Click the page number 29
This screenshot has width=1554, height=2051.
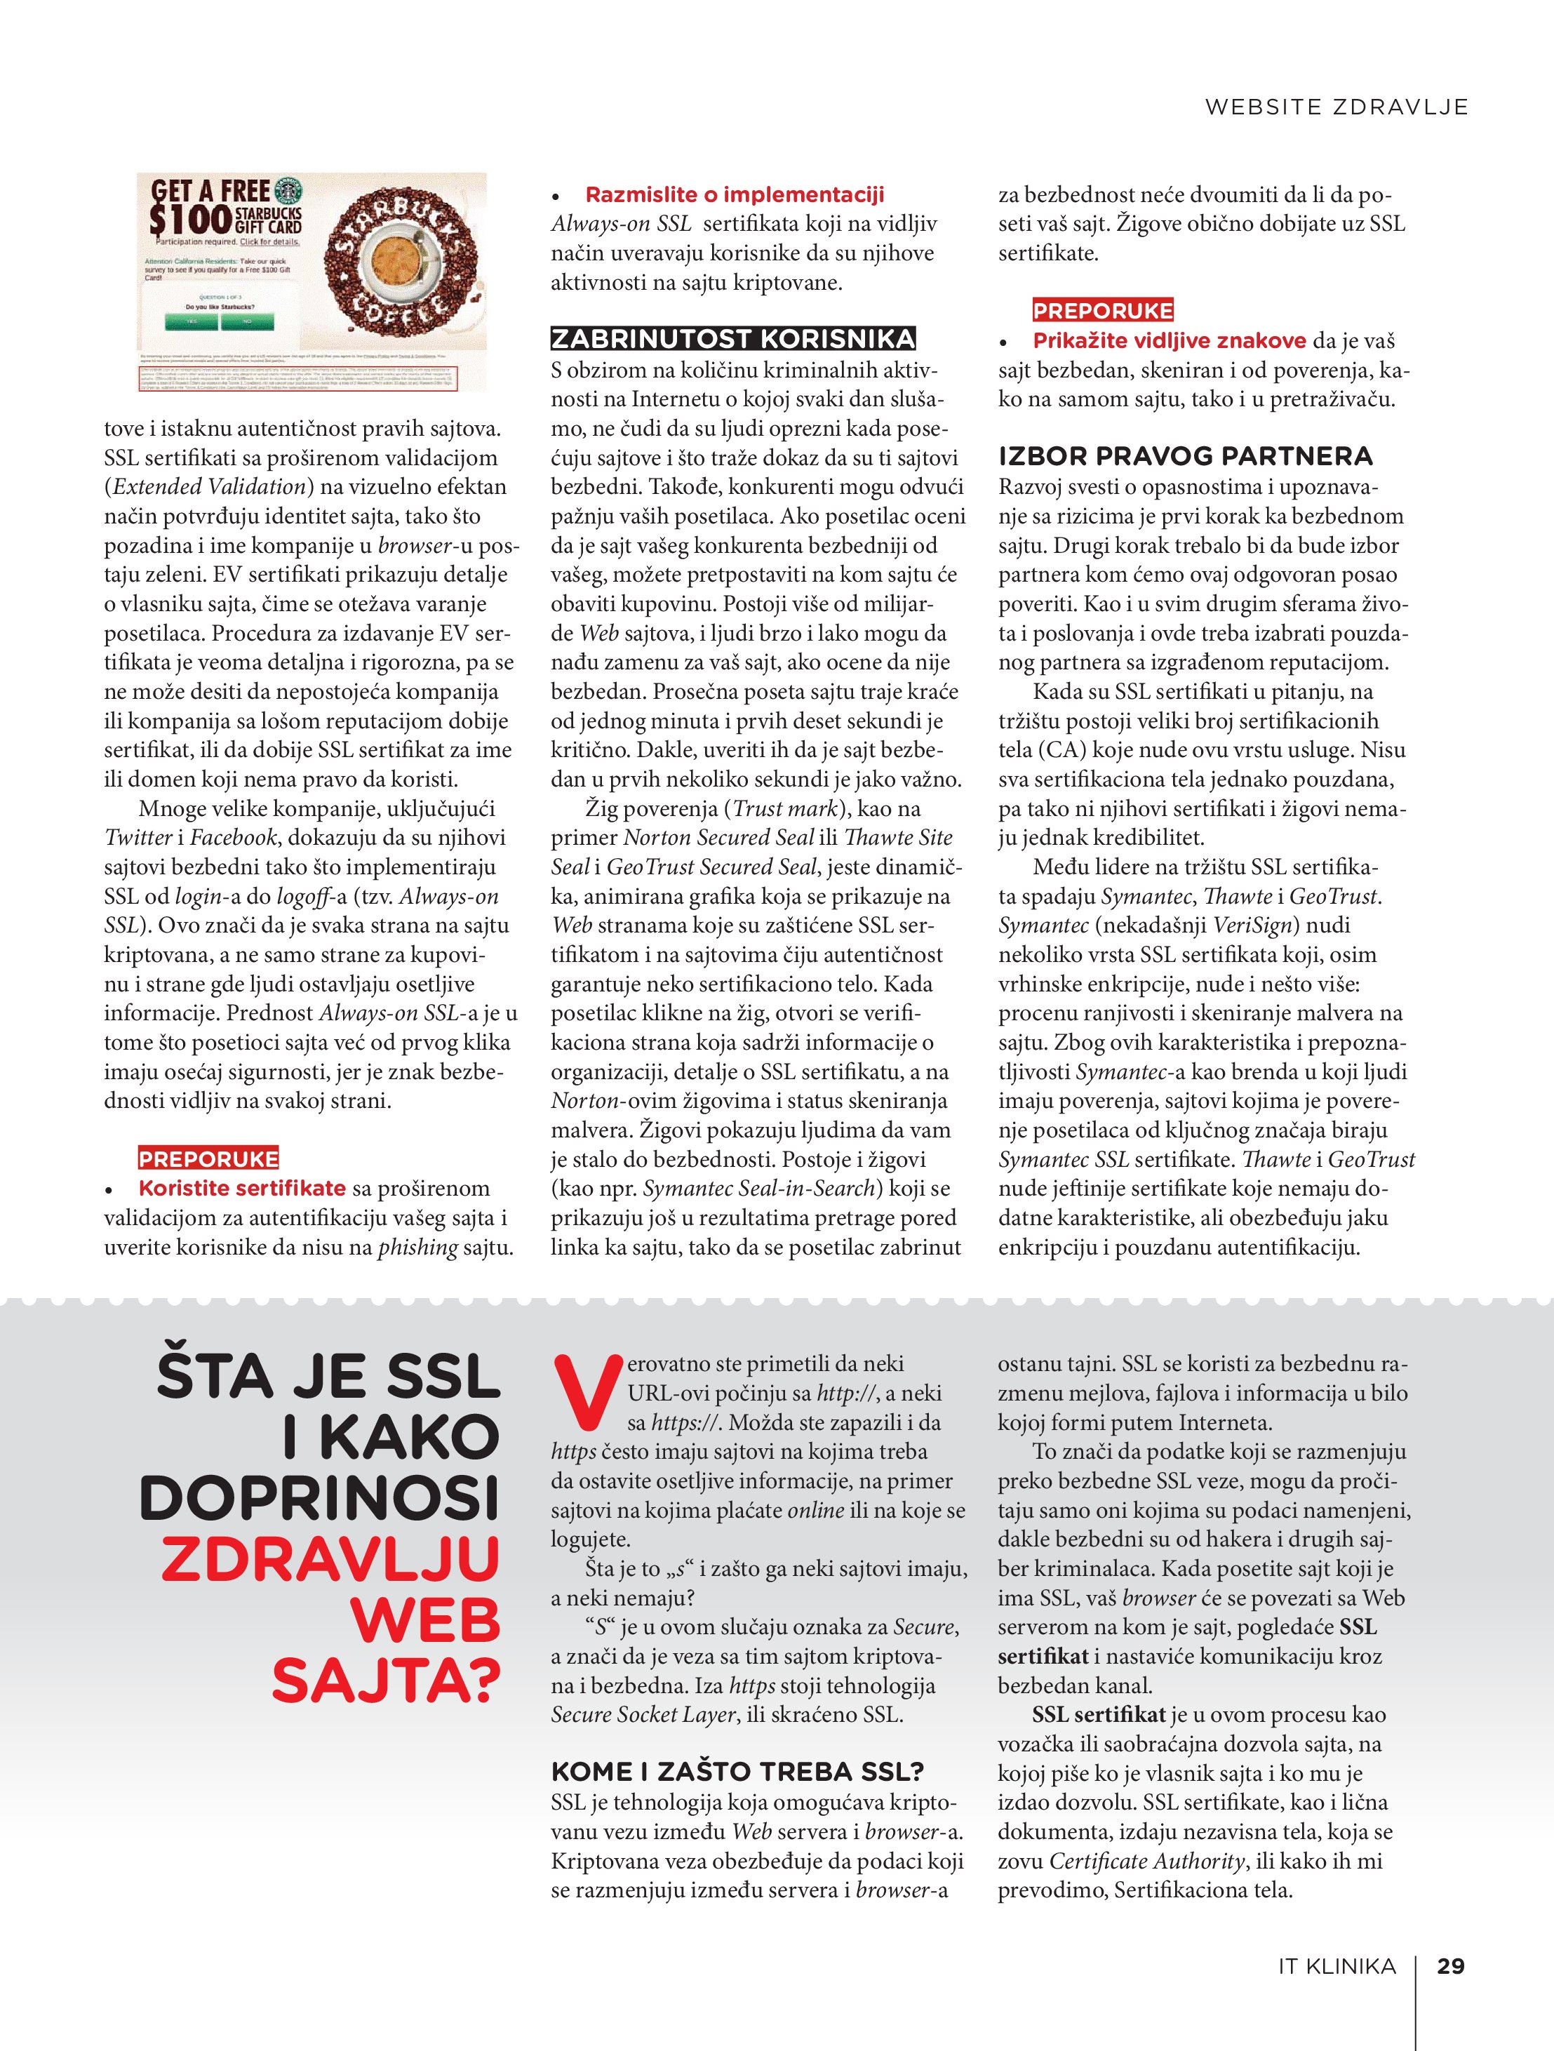(x=1450, y=1965)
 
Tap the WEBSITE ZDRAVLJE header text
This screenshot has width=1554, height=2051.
(x=1336, y=107)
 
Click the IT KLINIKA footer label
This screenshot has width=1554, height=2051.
(x=1336, y=1965)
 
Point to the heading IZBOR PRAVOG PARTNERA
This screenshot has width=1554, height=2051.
(x=1185, y=456)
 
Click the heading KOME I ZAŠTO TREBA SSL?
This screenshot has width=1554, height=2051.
(x=737, y=1772)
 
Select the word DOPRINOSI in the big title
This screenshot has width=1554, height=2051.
(x=320, y=1497)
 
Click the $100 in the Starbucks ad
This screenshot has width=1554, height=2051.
(x=190, y=219)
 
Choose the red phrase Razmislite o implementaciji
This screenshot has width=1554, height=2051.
(x=735, y=195)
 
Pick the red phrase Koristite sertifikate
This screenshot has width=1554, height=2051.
(x=242, y=1188)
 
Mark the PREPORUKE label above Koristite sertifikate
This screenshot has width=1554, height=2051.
(x=208, y=1159)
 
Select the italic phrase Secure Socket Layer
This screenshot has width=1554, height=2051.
(x=643, y=1714)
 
